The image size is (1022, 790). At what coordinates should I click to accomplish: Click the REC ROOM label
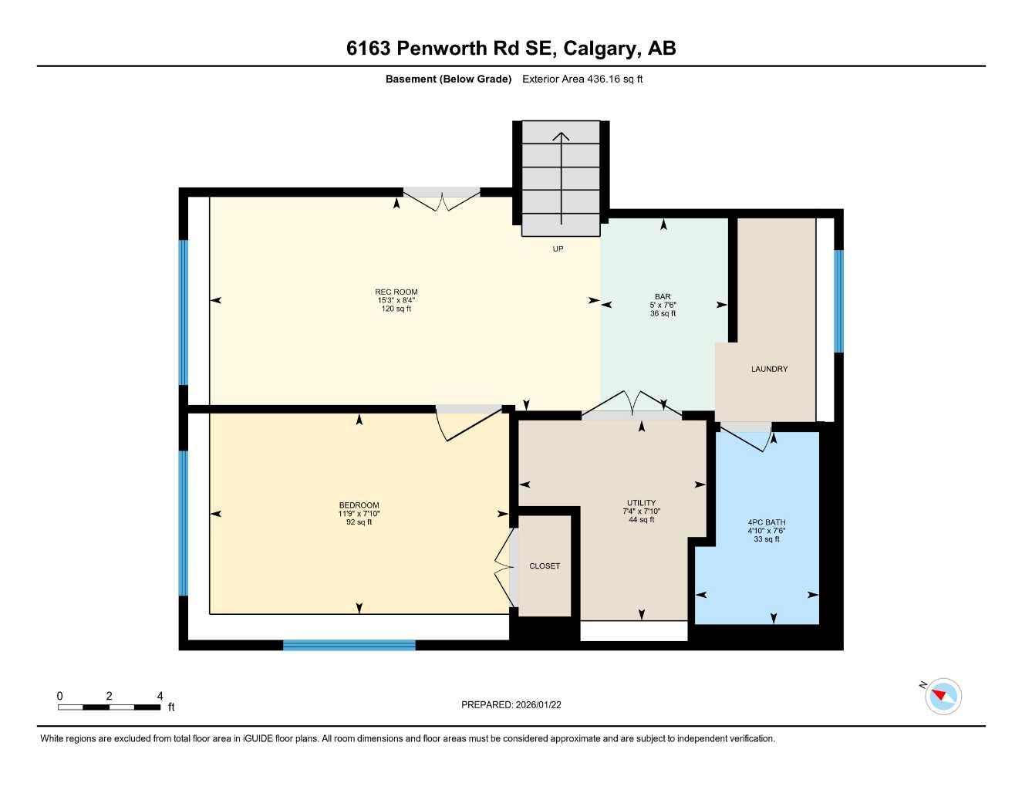pyautogui.click(x=396, y=292)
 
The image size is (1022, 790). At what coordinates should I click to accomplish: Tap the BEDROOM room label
pyautogui.click(x=359, y=505)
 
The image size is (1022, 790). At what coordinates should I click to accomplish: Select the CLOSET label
pyautogui.click(x=545, y=566)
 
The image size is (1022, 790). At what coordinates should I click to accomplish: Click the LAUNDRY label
pyautogui.click(x=769, y=369)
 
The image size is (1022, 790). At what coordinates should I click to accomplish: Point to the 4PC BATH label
pyautogui.click(x=766, y=522)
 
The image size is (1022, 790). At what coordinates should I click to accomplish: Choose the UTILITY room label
pyautogui.click(x=641, y=503)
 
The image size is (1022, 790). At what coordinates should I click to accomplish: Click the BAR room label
pyautogui.click(x=663, y=296)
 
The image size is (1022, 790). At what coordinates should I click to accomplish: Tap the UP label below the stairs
pyautogui.click(x=558, y=248)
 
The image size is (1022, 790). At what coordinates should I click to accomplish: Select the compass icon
pyautogui.click(x=943, y=697)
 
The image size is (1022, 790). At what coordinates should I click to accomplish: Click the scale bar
pyautogui.click(x=110, y=707)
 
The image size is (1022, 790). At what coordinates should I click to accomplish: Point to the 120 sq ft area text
pyautogui.click(x=396, y=309)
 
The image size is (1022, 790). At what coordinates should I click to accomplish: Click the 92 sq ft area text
pyautogui.click(x=359, y=522)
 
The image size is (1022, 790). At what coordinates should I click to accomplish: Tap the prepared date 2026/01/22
pyautogui.click(x=511, y=704)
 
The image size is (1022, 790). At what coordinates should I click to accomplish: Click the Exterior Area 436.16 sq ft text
pyautogui.click(x=582, y=79)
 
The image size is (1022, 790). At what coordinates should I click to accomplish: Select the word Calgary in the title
pyautogui.click(x=600, y=48)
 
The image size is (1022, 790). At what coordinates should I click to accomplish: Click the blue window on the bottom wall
pyautogui.click(x=349, y=645)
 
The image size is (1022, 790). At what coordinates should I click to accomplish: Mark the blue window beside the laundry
pyautogui.click(x=838, y=301)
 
